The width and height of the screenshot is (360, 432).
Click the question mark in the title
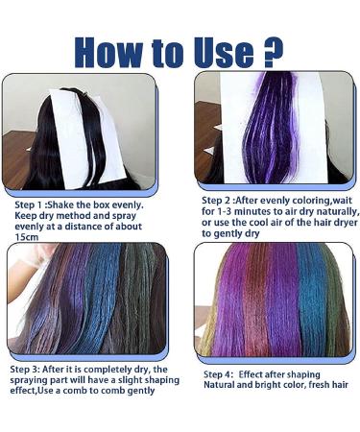(274, 52)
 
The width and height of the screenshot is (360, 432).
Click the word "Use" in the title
(226, 52)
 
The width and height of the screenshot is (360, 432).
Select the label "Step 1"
(29, 204)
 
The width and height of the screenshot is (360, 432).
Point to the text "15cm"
(27, 237)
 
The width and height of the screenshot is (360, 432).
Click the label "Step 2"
(216, 201)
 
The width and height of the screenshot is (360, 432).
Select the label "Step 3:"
(25, 370)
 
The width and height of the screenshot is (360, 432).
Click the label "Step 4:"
(219, 374)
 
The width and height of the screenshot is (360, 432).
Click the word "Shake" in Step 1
(60, 204)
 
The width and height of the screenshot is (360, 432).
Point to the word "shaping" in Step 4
(303, 374)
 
